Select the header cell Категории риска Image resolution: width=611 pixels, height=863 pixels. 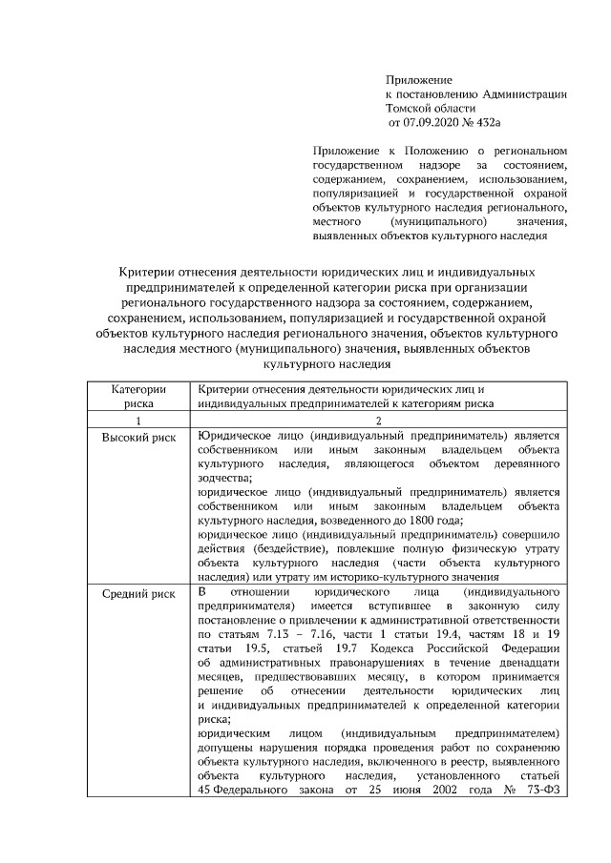138,396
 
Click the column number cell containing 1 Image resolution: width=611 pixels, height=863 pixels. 138,421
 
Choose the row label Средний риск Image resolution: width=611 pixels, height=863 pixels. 138,593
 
